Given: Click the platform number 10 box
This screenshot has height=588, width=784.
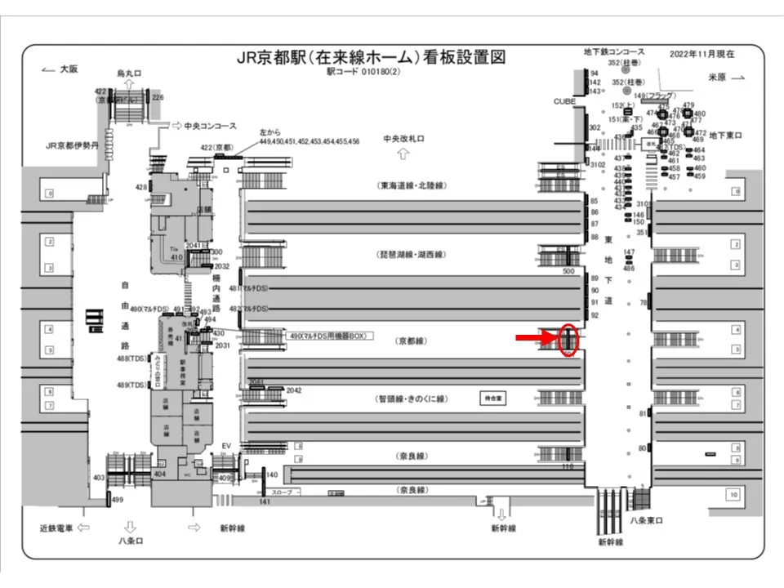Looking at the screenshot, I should tap(733, 494).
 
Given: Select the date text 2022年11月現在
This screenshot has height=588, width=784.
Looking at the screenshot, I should tap(702, 54).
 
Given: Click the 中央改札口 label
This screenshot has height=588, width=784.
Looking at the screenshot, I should tap(404, 139).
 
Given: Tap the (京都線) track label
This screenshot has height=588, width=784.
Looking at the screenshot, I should tap(411, 339).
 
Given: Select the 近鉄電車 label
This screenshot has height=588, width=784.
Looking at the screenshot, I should tap(57, 528).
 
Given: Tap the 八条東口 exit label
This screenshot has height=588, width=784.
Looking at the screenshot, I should tap(646, 520).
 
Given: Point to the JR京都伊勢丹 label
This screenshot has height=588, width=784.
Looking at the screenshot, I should tap(73, 146).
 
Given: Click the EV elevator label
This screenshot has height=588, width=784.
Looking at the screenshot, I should tap(228, 445).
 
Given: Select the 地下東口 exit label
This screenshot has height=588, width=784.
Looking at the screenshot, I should tap(724, 135).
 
